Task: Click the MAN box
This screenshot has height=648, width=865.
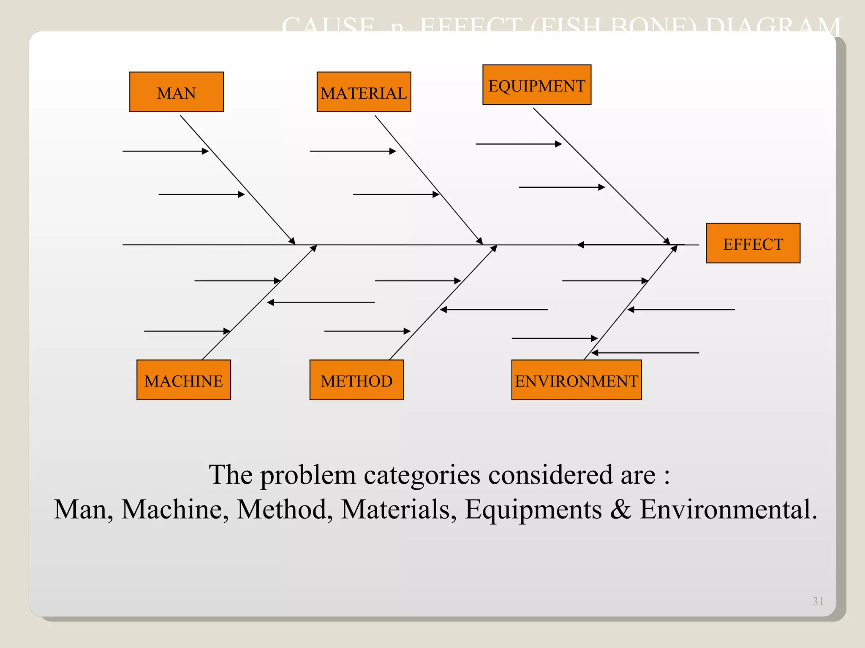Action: click(x=176, y=92)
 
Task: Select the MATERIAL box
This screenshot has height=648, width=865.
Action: click(x=364, y=92)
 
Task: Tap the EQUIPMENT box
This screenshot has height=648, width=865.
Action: click(x=536, y=85)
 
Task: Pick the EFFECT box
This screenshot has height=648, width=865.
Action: click(x=753, y=243)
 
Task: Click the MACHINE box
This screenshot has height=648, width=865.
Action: click(x=183, y=380)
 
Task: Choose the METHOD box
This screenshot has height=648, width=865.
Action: click(x=356, y=380)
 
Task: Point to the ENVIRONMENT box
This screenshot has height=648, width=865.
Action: click(x=576, y=380)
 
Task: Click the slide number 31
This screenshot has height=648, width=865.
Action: click(x=818, y=601)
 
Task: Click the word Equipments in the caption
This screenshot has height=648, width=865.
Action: click(x=533, y=509)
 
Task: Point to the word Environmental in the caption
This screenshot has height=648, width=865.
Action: click(x=728, y=509)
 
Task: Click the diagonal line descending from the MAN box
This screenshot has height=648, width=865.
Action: click(x=238, y=180)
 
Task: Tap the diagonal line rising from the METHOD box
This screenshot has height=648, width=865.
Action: click(x=443, y=303)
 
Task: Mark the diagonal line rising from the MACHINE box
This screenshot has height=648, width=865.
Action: click(x=259, y=303)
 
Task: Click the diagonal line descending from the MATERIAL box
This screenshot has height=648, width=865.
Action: click(x=429, y=180)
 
